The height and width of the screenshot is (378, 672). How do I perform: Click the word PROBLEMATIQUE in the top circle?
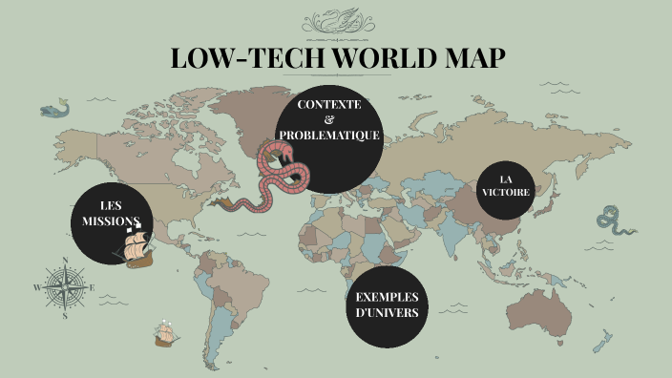[x=329, y=136]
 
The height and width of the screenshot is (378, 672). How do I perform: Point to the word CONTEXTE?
[x=329, y=103]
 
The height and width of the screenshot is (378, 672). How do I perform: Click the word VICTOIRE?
[x=506, y=192]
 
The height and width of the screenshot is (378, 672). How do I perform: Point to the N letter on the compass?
[x=64, y=259]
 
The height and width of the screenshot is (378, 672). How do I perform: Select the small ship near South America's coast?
[x=165, y=334]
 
